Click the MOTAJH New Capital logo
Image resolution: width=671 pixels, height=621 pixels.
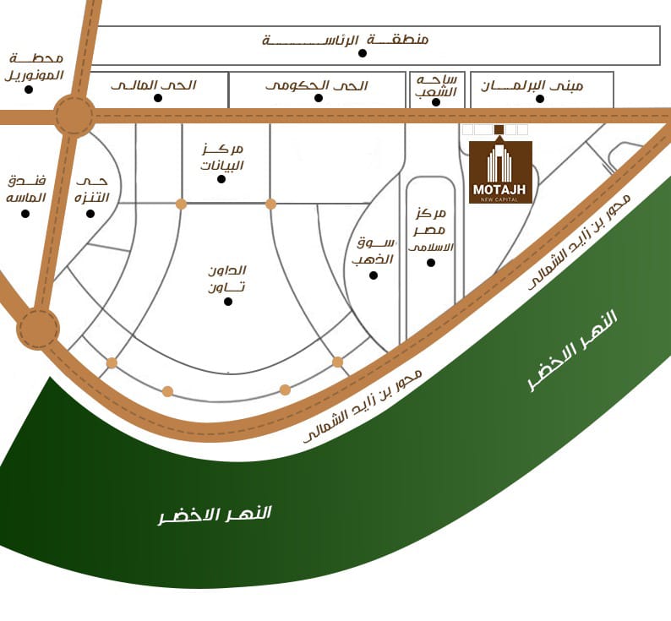[500, 172]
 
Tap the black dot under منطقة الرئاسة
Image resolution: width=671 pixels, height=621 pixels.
[363, 53]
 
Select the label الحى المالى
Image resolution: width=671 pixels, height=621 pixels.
[154, 85]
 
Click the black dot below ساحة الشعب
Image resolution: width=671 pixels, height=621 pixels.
[436, 102]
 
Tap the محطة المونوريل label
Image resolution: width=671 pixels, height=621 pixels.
[36, 67]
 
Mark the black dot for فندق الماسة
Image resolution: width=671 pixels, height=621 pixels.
[25, 214]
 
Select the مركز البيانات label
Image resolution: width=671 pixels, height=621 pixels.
[221, 156]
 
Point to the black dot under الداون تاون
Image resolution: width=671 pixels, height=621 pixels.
[228, 301]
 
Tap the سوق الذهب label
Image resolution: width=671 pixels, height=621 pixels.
[374, 251]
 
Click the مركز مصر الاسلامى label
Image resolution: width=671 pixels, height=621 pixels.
[431, 228]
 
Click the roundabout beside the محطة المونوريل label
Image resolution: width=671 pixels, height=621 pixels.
[74, 116]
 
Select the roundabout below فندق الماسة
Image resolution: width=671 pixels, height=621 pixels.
[38, 329]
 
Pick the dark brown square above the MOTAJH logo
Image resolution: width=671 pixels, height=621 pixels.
[499, 129]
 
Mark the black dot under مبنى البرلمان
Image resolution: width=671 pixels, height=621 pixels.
[540, 99]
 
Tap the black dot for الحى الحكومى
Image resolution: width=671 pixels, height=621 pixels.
[319, 98]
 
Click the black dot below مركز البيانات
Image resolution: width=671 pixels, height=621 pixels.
[221, 179]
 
